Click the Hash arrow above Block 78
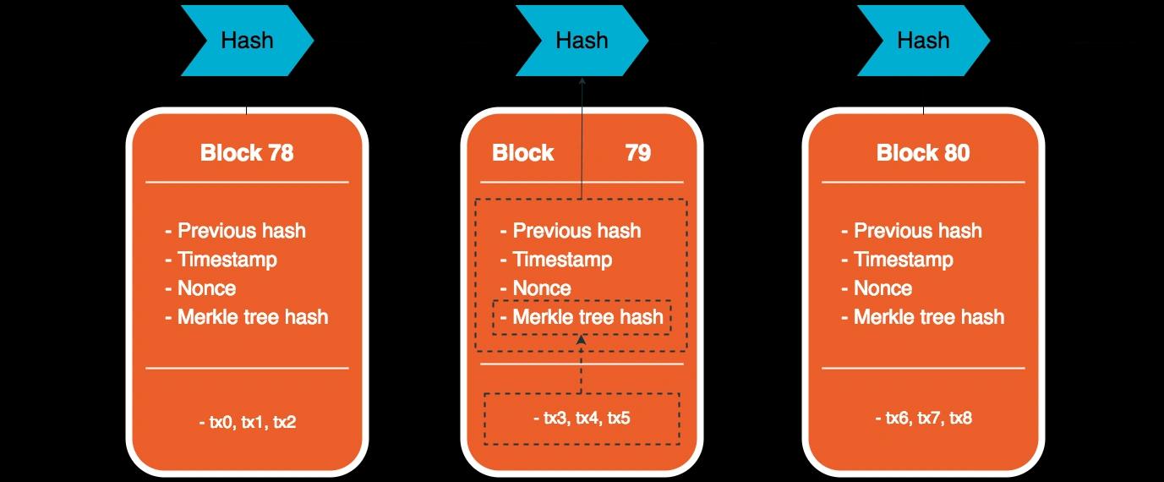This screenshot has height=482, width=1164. click(x=248, y=41)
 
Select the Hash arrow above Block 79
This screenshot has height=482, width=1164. click(x=582, y=41)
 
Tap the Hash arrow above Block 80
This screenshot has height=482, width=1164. click(x=923, y=41)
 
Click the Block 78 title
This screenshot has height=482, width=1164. click(x=247, y=153)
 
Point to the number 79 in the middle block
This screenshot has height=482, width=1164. click(x=637, y=153)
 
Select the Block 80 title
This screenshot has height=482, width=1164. click(x=923, y=153)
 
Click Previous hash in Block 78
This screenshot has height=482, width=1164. click(x=242, y=231)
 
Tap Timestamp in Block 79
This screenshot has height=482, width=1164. click(x=562, y=260)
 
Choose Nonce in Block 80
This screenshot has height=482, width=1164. click(x=883, y=288)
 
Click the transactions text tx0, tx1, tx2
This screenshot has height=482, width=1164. click(x=248, y=422)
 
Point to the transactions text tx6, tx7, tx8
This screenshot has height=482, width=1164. click(x=923, y=418)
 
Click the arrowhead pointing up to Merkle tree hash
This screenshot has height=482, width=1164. click(x=582, y=340)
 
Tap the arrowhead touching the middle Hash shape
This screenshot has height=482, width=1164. click(x=582, y=80)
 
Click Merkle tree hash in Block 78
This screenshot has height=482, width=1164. click(x=253, y=317)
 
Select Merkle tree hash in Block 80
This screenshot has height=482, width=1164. click(x=929, y=317)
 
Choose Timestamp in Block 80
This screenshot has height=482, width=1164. click(x=904, y=260)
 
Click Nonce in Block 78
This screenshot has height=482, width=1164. click(x=207, y=288)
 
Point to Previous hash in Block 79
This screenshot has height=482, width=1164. click(x=577, y=231)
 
